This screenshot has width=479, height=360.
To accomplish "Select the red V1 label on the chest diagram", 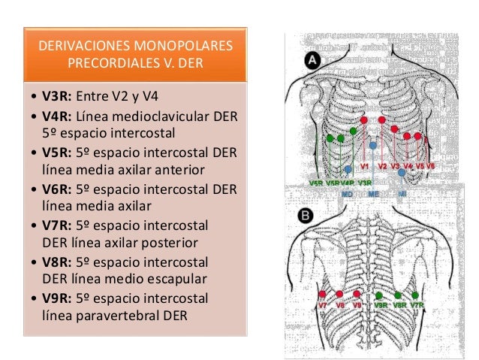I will pos(365,165).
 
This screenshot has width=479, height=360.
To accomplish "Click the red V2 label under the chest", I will pos(382,165).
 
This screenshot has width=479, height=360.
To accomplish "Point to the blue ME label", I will pos(373,194).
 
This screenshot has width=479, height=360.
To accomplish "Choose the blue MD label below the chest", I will pos(347,194).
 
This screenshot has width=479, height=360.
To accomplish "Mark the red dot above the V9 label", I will pos(357,295).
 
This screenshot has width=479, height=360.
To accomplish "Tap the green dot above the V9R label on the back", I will pos(379,295).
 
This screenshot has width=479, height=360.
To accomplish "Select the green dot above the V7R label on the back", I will pos(416,295).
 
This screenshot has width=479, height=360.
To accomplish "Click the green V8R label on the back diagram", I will pos(399,306).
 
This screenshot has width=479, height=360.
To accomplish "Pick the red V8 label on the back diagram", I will pos(340,306).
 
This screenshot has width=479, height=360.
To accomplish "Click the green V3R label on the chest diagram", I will pos(366,183).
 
